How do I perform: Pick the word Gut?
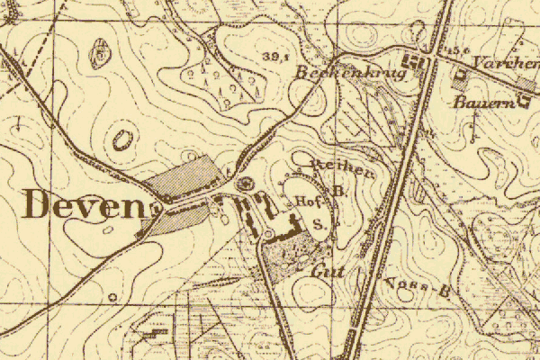(323, 269)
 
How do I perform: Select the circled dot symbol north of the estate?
(247, 184)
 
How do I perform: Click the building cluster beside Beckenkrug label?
(415, 63)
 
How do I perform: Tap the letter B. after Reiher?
(337, 191)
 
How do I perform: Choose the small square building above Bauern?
(462, 76)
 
